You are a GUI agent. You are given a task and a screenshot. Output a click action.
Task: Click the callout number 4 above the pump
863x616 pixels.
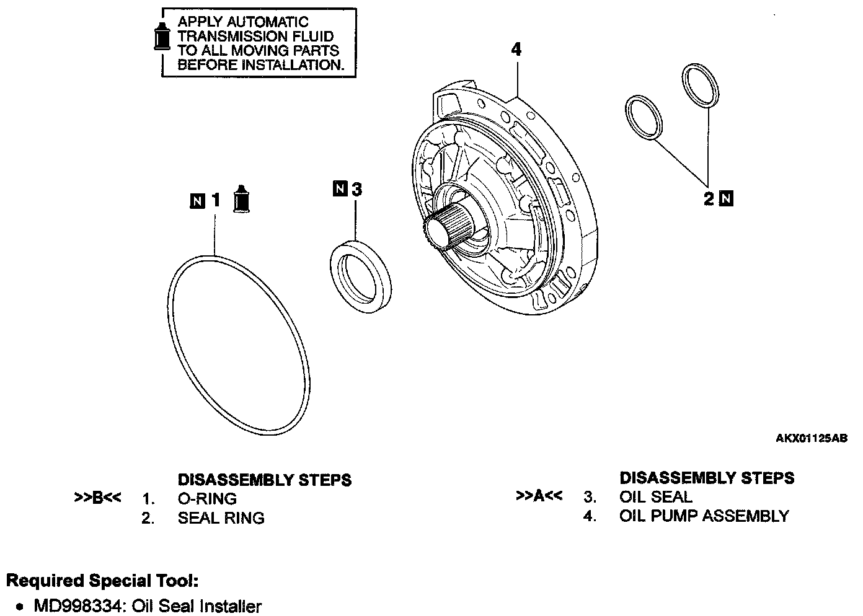pyautogui.click(x=516, y=50)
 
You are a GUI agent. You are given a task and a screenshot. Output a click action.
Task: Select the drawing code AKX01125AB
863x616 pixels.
pyautogui.click(x=811, y=438)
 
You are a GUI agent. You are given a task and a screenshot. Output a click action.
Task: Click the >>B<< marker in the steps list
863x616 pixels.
pyautogui.click(x=97, y=498)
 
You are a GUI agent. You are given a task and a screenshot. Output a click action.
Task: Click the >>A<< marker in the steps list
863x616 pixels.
pyautogui.click(x=539, y=496)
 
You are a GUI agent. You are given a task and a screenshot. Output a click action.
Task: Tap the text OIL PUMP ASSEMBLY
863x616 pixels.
pyautogui.click(x=704, y=516)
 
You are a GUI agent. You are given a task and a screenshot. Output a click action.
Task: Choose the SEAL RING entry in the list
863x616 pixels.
pyautogui.click(x=221, y=517)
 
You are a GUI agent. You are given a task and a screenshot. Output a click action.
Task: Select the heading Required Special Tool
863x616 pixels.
pyautogui.click(x=102, y=581)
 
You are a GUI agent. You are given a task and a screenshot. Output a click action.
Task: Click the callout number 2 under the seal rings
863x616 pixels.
pyautogui.click(x=709, y=199)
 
